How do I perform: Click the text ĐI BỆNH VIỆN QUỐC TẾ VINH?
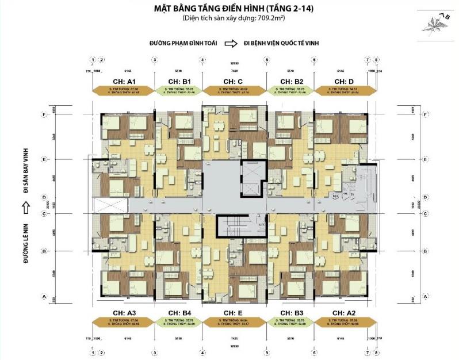(281, 43)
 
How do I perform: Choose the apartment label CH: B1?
(178, 81)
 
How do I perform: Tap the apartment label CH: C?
(233, 81)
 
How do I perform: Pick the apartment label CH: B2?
(290, 81)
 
